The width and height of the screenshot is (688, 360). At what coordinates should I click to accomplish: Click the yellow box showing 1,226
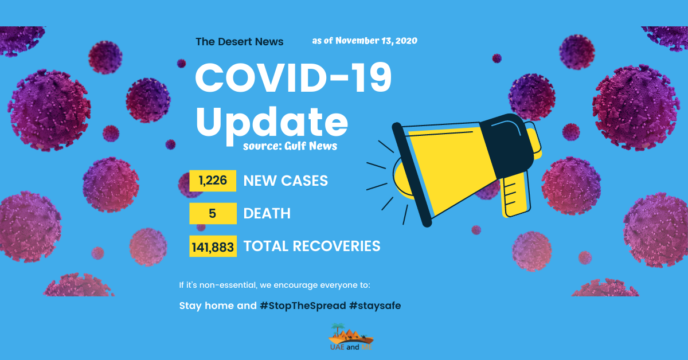pyautogui.click(x=213, y=181)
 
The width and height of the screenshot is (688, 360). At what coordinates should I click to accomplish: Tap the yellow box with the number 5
pyautogui.click(x=213, y=213)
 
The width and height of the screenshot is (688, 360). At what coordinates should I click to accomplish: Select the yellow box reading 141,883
pyautogui.click(x=213, y=246)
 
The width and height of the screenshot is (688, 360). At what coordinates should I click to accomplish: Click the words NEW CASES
pyautogui.click(x=286, y=181)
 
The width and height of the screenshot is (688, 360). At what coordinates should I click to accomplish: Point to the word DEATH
pyautogui.click(x=267, y=213)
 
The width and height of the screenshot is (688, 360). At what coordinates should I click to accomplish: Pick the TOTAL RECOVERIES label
pyautogui.click(x=312, y=246)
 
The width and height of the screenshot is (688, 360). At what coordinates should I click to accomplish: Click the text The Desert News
pyautogui.click(x=240, y=42)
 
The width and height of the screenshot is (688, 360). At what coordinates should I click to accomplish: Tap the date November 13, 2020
pyautogui.click(x=376, y=41)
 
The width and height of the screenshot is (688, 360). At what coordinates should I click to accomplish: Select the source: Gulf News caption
pyautogui.click(x=290, y=146)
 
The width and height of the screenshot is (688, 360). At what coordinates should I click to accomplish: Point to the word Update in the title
pyautogui.click(x=272, y=123)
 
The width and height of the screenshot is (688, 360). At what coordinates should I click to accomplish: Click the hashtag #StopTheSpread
pyautogui.click(x=303, y=306)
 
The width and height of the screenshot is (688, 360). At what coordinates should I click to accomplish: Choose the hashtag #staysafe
pyautogui.click(x=375, y=306)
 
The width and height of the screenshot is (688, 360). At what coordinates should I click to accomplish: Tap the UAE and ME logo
pyautogui.click(x=351, y=337)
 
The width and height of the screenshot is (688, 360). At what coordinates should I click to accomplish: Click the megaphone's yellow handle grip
pyautogui.click(x=516, y=194)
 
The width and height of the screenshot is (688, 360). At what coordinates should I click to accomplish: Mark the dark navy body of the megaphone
pyautogui.click(x=507, y=145)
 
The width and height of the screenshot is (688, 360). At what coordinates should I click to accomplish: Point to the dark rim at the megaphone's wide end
pyautogui.click(x=412, y=175)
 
